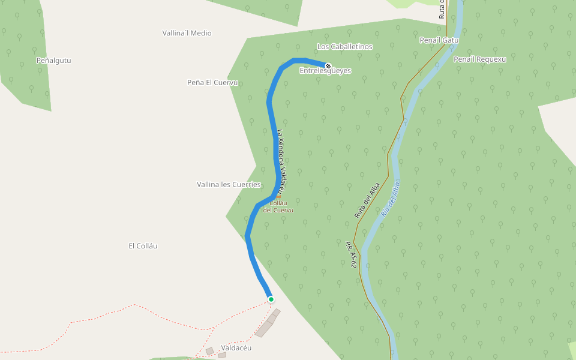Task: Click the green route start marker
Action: pos(271,299)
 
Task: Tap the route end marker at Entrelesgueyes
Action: pos(328,66)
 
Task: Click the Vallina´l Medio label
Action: pos(187,34)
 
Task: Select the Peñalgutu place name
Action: pos(53,61)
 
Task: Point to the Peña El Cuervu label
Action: pos(212,83)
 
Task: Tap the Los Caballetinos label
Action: pos(344,47)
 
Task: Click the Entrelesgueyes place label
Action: pos(325,71)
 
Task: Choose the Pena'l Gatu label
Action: pos(439,40)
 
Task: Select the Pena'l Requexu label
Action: pos(480,59)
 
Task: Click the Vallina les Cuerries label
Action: pos(229,184)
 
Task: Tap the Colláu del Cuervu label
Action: pos(278,207)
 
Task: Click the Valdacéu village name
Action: pos(236,348)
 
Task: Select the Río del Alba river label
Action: pos(390,198)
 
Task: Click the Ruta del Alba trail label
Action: pos(367,199)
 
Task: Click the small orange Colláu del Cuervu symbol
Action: pos(278,196)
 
